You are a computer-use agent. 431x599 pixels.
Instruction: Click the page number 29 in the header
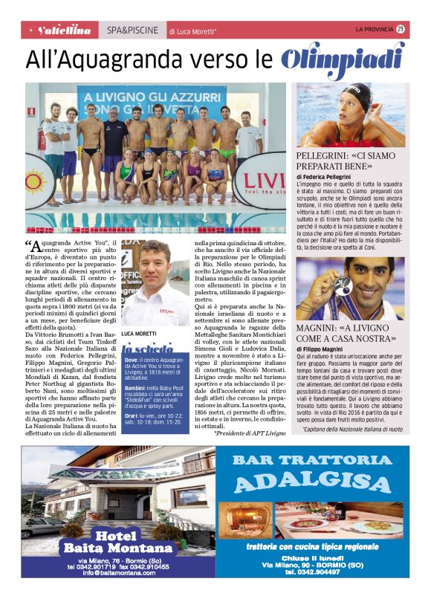click(x=401, y=29)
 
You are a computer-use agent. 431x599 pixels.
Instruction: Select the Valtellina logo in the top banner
click(x=65, y=30)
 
